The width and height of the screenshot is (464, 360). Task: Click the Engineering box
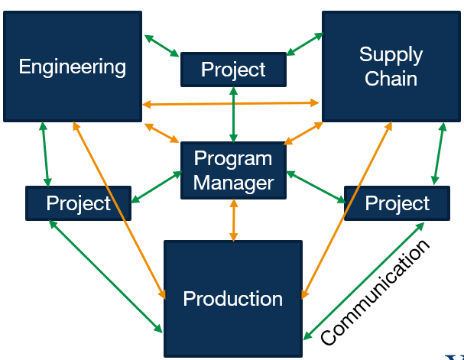(x=73, y=66)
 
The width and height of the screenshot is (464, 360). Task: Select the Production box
(x=233, y=298)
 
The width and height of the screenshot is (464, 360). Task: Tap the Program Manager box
(x=233, y=170)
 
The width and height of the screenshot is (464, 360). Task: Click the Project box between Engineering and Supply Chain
(x=233, y=70)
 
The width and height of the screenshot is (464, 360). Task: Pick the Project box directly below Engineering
(x=78, y=203)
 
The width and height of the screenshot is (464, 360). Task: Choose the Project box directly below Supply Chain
(x=397, y=203)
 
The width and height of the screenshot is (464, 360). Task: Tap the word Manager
(x=233, y=183)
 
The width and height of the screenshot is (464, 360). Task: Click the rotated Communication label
(x=375, y=294)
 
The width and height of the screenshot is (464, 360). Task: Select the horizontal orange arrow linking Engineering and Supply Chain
(x=230, y=103)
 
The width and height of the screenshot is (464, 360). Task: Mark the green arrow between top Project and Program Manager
(x=233, y=115)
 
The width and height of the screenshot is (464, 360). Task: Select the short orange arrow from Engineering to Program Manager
(x=161, y=131)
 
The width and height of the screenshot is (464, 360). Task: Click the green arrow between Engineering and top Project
(x=161, y=45)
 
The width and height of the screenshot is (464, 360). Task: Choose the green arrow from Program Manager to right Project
(x=316, y=187)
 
